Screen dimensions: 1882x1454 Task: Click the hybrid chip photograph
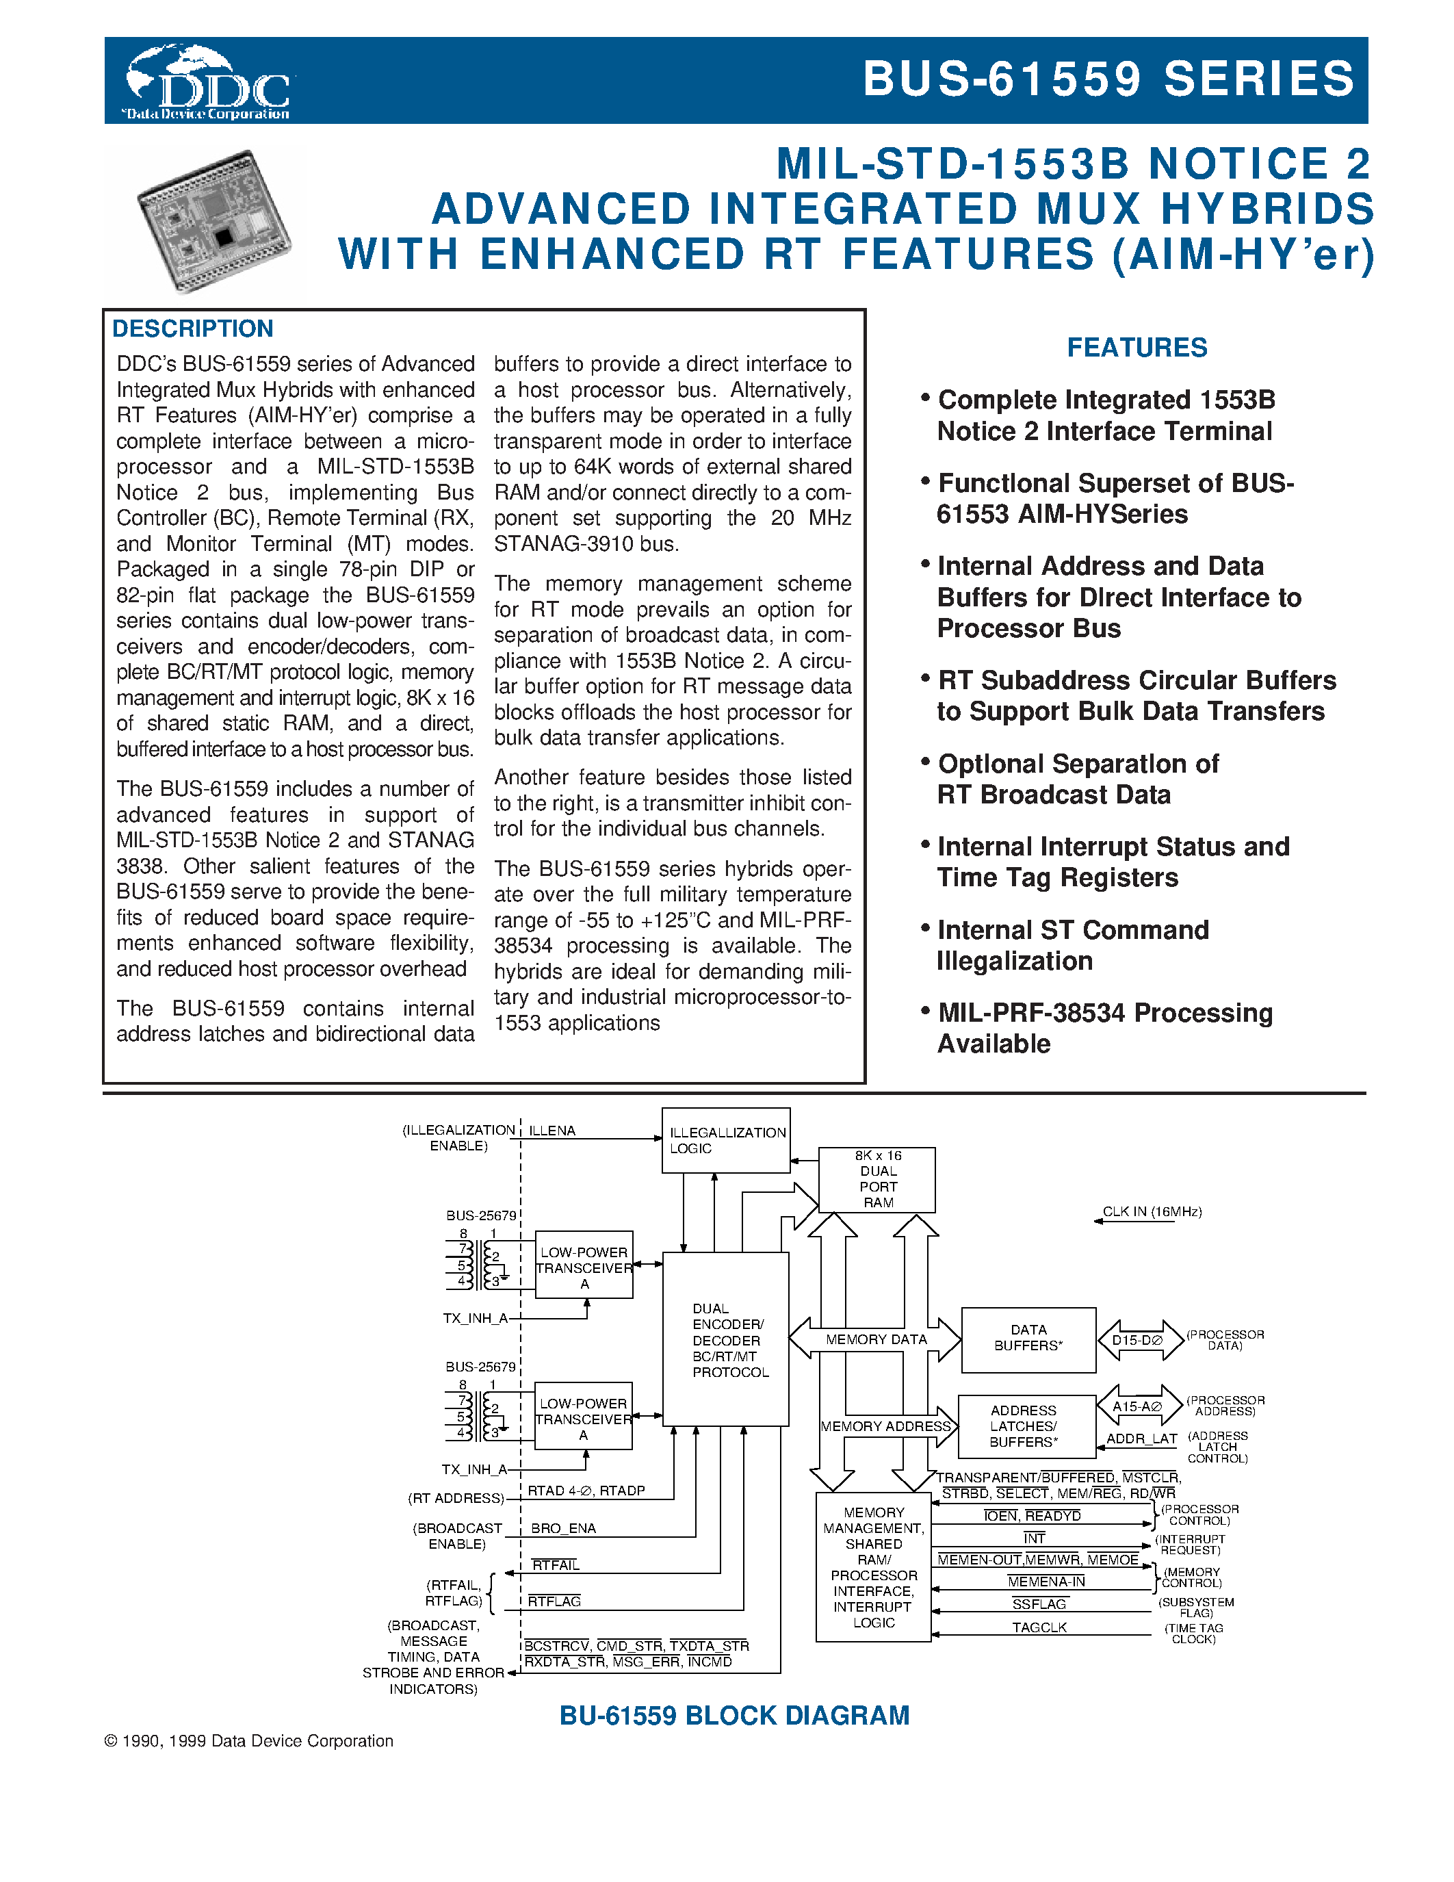213,222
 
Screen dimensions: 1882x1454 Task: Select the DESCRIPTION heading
192,328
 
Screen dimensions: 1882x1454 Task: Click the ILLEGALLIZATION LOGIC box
725,1140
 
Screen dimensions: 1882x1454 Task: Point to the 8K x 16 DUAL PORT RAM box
877,1179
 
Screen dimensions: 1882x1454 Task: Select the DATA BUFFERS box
1028,1338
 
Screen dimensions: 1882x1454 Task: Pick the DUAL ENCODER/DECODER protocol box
725,1339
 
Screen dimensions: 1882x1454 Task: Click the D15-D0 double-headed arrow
1139,1340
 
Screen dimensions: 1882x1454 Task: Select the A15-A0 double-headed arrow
1138,1406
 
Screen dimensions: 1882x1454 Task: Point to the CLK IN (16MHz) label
1152,1211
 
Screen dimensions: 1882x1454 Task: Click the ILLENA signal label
551,1131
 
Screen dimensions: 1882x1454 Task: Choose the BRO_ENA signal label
563,1527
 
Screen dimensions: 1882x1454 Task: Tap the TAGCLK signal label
1039,1627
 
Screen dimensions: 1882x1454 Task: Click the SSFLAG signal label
1039,1603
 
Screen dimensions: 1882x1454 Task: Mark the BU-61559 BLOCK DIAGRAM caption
734,1716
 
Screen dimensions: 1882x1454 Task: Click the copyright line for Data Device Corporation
248,1740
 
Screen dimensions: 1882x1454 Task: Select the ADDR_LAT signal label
1141,1439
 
